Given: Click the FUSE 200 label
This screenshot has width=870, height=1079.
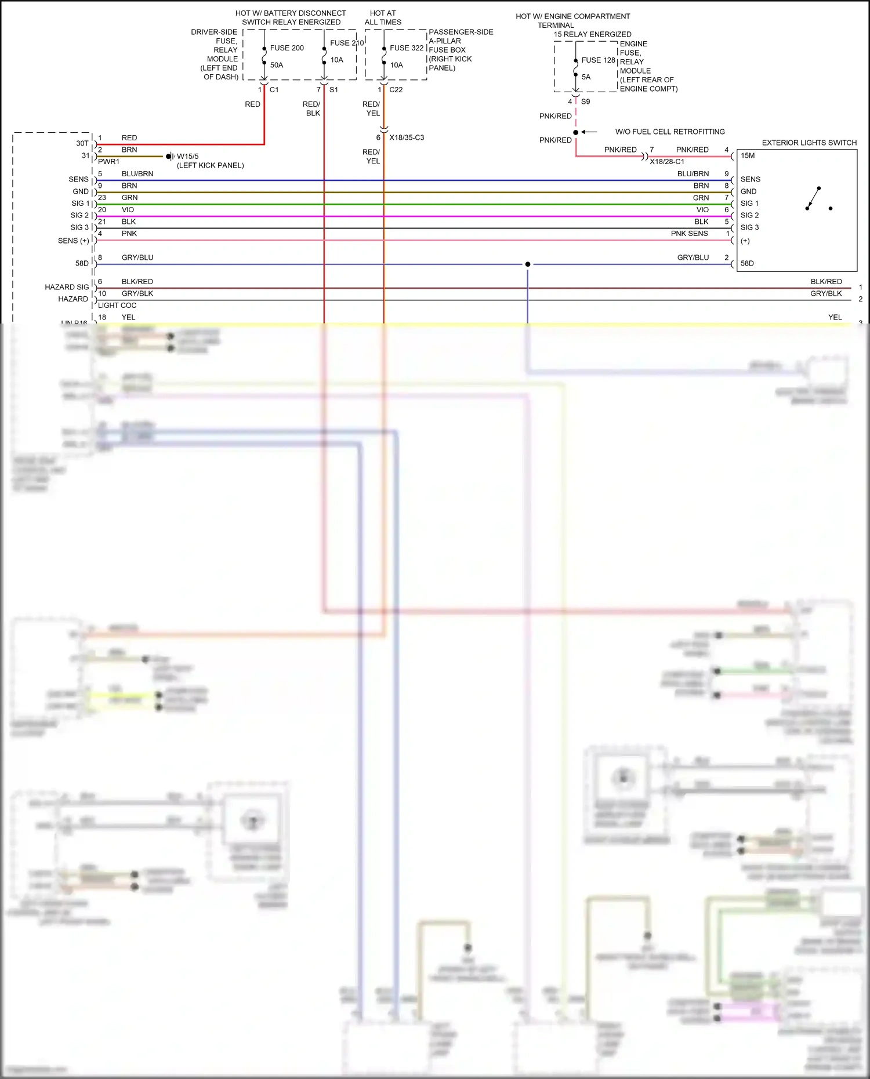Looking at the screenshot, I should click(287, 48).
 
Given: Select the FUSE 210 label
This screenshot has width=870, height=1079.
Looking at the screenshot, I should click(346, 43).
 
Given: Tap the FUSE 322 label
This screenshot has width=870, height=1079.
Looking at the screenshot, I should click(406, 48).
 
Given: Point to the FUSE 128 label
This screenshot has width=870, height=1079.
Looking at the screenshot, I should click(598, 60).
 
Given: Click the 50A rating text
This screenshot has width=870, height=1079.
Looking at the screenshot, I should click(277, 66).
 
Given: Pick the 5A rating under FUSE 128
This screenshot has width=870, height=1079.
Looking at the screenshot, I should click(586, 77).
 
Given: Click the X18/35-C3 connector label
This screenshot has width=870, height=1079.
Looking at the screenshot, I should click(406, 138).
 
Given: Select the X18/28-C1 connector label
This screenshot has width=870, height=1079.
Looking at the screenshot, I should click(666, 162).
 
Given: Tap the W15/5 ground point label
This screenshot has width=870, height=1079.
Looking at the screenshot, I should click(187, 157).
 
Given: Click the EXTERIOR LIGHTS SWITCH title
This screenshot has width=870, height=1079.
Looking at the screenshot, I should click(809, 143).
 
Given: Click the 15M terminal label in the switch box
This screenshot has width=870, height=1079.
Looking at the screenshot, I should click(748, 156).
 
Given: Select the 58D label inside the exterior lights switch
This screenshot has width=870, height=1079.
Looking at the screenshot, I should click(747, 264).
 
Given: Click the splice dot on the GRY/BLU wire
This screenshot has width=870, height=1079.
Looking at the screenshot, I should click(527, 264).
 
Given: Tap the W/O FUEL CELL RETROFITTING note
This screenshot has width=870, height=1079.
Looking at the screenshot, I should click(669, 132).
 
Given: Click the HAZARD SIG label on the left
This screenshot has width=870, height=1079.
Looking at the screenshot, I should click(67, 288).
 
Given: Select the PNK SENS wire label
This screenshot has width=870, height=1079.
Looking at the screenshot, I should click(689, 234).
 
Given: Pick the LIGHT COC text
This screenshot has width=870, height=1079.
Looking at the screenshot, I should click(117, 306).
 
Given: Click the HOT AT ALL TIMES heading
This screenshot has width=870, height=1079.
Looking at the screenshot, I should click(383, 17).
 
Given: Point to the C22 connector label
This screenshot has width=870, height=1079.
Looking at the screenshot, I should click(396, 90).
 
